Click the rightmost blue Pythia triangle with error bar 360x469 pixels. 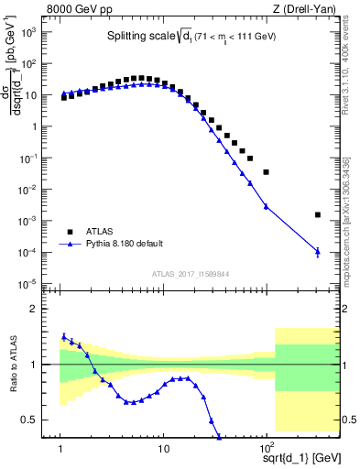coord(317,251)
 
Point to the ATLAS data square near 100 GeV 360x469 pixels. coord(266,171)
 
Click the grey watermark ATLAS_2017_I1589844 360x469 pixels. coord(191,274)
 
